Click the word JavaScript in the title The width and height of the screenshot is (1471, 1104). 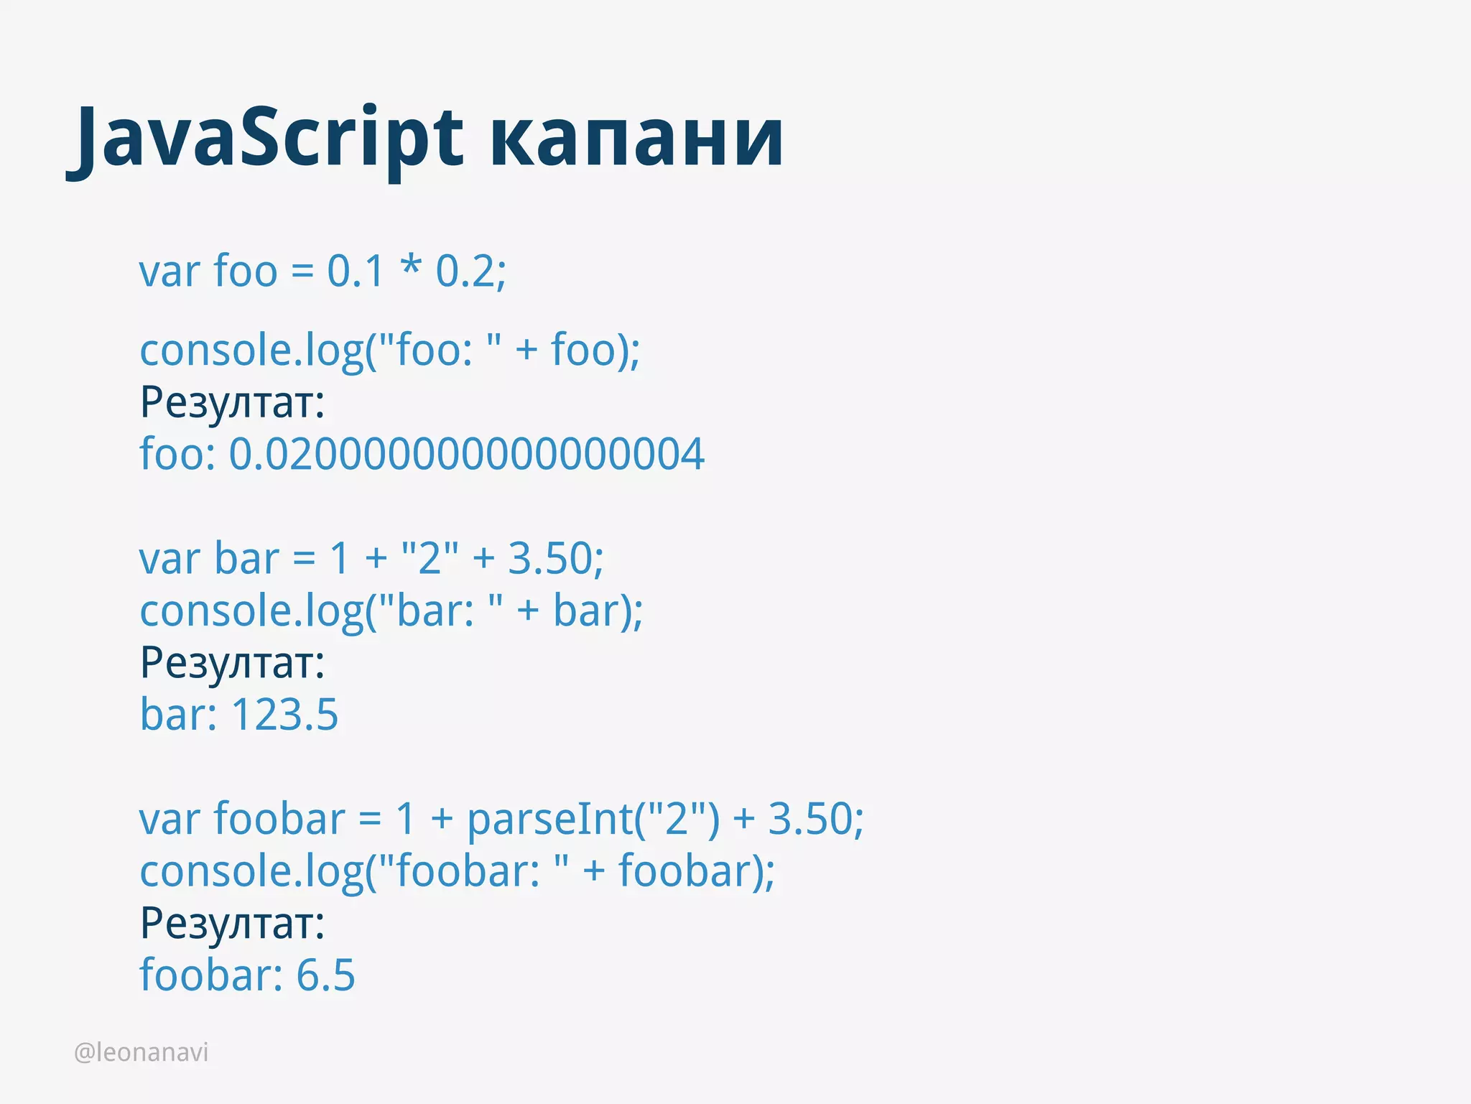[x=269, y=138]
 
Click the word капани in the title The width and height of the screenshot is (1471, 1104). [x=636, y=138]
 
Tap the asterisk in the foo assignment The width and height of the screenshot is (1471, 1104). [x=410, y=267]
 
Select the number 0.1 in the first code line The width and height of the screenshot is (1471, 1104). [x=356, y=272]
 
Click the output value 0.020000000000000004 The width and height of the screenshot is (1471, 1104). [x=466, y=454]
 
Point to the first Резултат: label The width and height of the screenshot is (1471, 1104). [x=232, y=402]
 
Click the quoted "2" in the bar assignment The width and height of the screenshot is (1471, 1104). [x=430, y=558]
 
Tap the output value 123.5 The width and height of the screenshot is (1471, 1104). [x=284, y=715]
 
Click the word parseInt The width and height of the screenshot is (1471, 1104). [x=549, y=819]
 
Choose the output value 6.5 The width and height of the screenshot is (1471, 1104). [x=325, y=975]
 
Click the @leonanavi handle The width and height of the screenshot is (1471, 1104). [x=141, y=1052]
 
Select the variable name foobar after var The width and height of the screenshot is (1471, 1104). [x=279, y=819]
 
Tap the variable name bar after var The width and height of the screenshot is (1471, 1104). [x=246, y=558]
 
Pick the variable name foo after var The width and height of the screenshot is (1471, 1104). [x=245, y=272]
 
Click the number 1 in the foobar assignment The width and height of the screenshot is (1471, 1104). [x=406, y=819]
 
